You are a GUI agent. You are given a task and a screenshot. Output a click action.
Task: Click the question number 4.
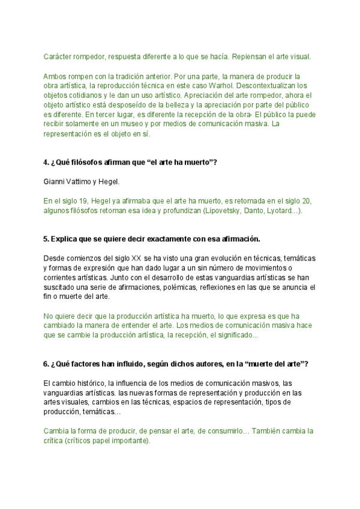(46, 163)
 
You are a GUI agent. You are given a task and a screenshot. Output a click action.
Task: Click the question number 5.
(46, 239)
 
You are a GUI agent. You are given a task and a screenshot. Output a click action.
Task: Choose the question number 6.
(46, 364)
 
